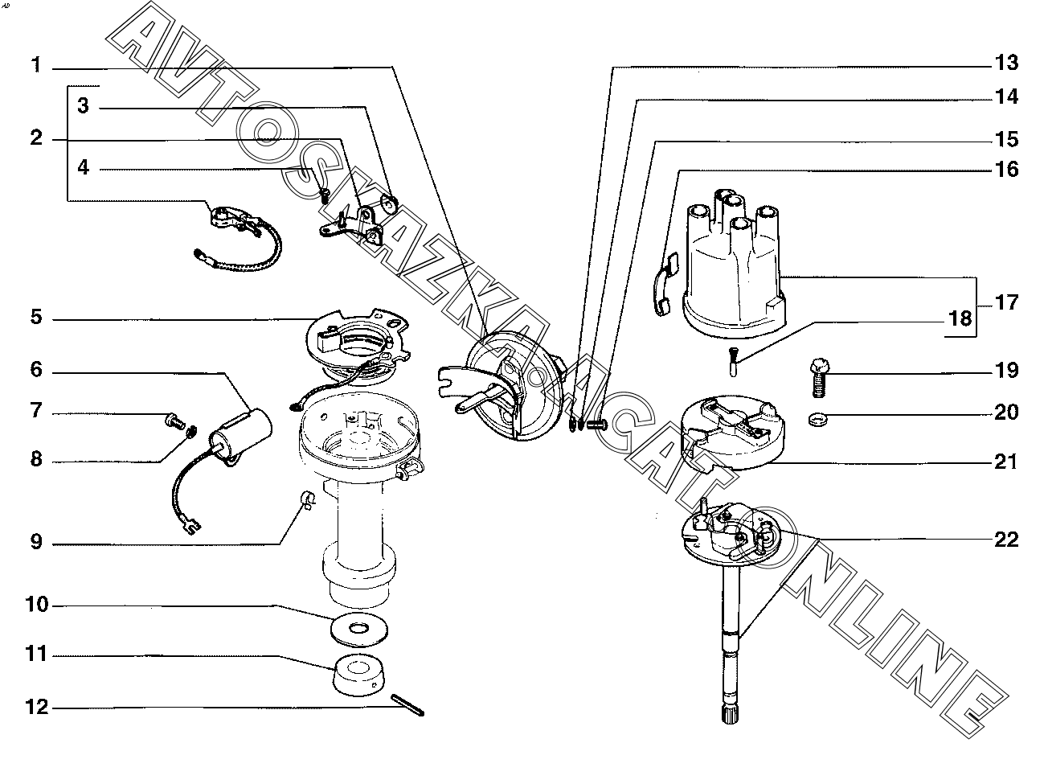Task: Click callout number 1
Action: (x=36, y=65)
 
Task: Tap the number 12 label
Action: (x=37, y=708)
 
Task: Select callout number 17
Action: (x=1005, y=303)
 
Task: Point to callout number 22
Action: (x=1005, y=539)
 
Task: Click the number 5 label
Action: (x=36, y=317)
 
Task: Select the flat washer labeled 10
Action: (x=359, y=627)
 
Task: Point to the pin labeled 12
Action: (x=407, y=706)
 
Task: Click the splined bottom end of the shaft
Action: (x=726, y=712)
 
